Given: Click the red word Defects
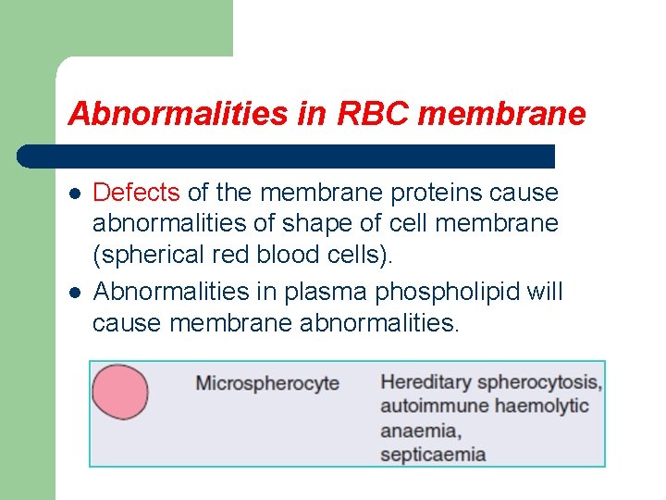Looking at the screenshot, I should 137,193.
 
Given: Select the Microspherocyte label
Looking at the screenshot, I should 267,383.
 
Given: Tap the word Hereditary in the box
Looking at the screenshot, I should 426,381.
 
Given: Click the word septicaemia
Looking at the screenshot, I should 434,454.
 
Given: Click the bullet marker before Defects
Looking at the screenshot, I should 75,194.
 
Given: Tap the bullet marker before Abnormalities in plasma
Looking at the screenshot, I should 75,293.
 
